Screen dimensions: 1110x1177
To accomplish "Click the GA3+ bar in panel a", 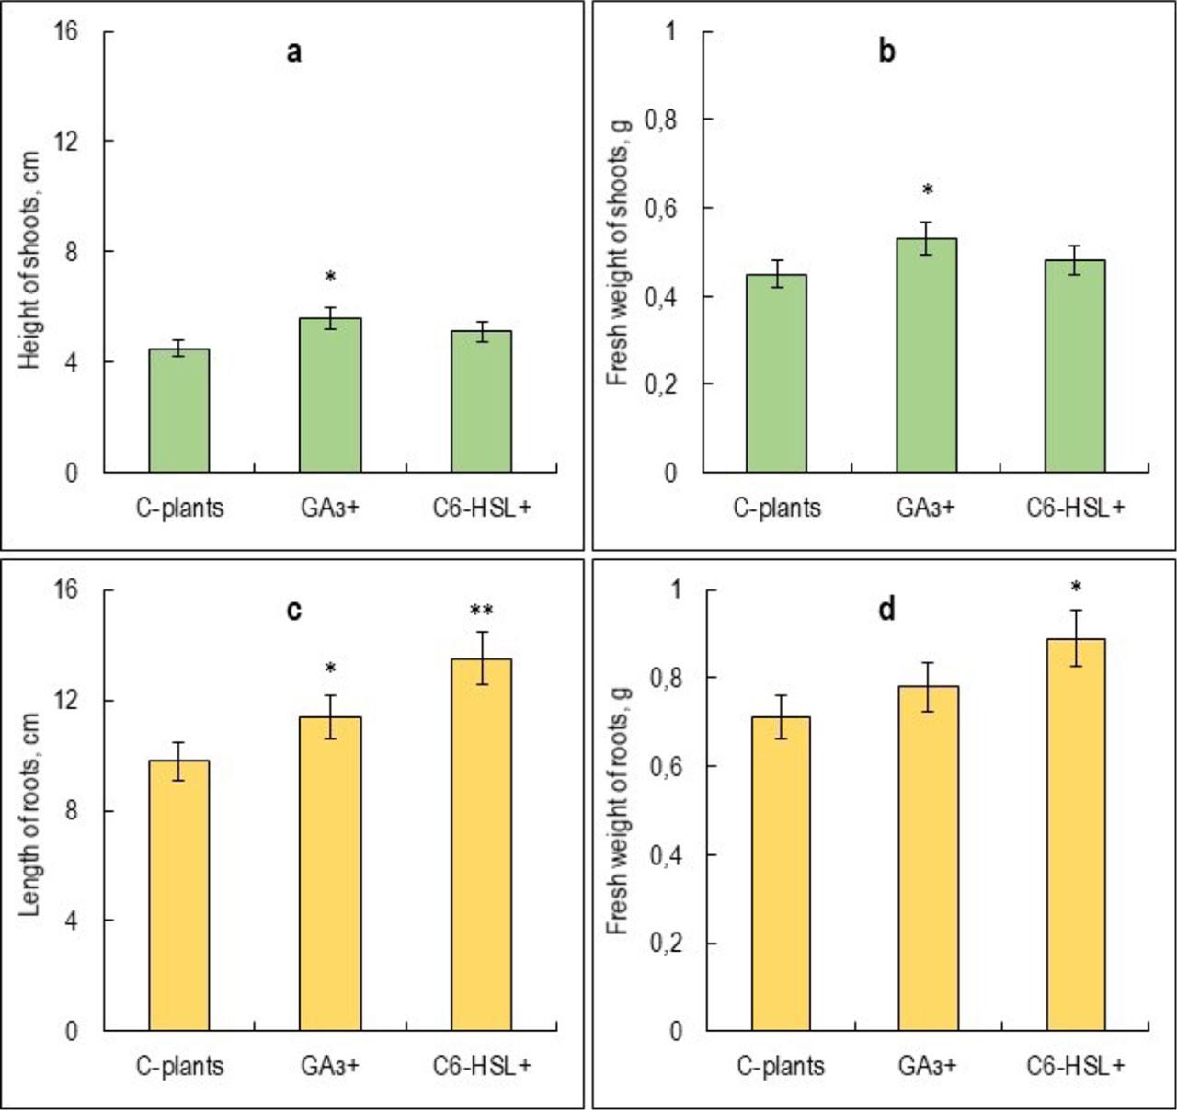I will coord(330,395).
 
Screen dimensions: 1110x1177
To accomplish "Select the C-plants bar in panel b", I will coord(776,373).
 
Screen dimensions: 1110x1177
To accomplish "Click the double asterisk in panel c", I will coord(481,611).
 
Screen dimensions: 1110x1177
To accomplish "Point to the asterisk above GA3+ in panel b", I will coord(928,191).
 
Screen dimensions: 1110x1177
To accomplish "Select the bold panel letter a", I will coord(293,51).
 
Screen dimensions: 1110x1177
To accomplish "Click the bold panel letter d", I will coord(886,610).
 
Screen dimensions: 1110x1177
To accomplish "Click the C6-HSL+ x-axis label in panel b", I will coord(1075,507).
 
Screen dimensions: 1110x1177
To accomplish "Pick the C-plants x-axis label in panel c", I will coord(179,1065).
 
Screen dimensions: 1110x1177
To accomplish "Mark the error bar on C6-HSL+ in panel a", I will coord(481,332).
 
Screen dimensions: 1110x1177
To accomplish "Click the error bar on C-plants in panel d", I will coord(780,716).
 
